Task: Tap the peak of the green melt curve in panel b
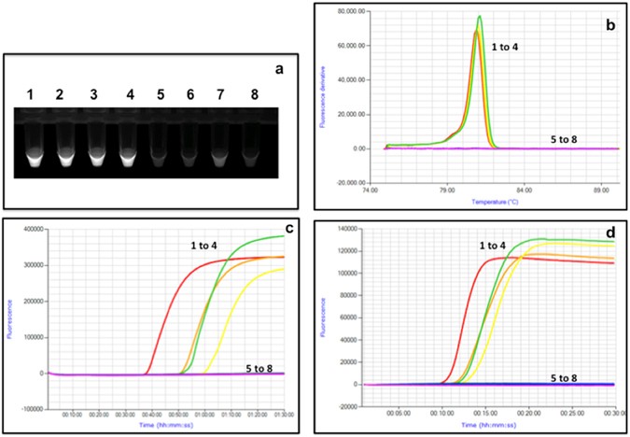(480, 17)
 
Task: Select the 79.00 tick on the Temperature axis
(447, 187)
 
